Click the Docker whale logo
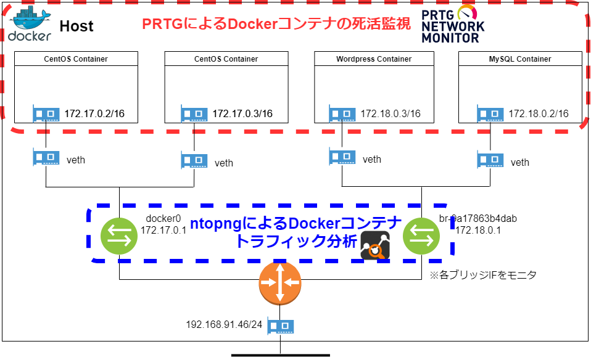tap(29, 24)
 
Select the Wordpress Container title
tap(374, 59)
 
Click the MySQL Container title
tap(520, 59)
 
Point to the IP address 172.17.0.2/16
tap(94, 113)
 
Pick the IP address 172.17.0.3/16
tap(242, 113)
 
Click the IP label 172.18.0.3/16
tap(391, 113)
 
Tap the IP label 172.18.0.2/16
tap(539, 113)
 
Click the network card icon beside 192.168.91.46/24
tap(280, 326)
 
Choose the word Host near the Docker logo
tap(76, 26)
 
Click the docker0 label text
tap(161, 219)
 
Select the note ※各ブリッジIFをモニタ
tap(482, 275)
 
